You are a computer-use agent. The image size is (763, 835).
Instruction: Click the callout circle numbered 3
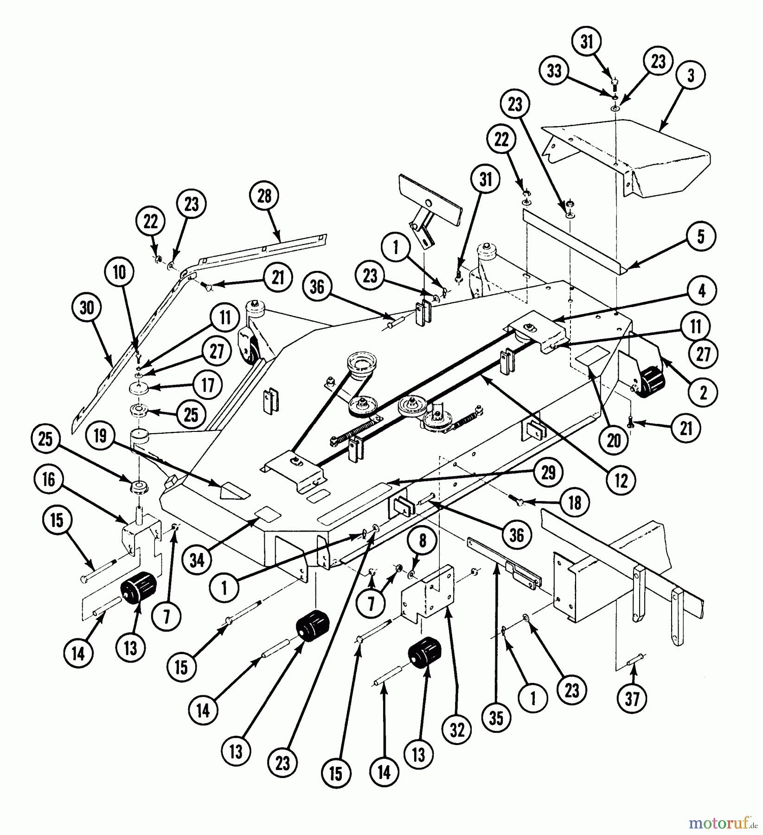pos(691,75)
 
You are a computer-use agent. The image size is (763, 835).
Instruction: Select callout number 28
pos(264,197)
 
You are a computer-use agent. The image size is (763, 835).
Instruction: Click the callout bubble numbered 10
pos(120,273)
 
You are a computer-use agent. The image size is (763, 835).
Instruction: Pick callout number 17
pos(208,385)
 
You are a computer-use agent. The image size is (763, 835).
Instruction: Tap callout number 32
pos(457,731)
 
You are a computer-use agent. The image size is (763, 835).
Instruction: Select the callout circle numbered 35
pos(496,718)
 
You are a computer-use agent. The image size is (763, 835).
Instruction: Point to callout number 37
pos(632,699)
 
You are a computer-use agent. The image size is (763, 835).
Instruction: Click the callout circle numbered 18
pos(575,503)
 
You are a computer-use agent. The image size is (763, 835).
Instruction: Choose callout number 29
pos(549,473)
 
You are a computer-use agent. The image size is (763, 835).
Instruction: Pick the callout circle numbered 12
pos(621,481)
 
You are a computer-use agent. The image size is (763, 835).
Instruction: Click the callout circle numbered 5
pos(701,236)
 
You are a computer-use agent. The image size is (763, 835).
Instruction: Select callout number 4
pos(702,291)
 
